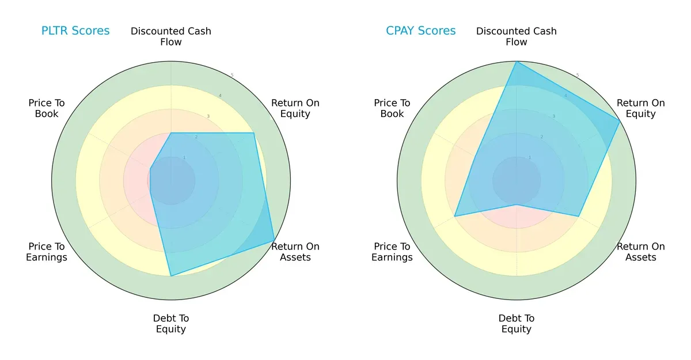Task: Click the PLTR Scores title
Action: (x=75, y=31)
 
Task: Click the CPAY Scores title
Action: (x=420, y=31)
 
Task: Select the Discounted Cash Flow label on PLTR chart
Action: (x=171, y=36)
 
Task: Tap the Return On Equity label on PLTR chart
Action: (x=295, y=108)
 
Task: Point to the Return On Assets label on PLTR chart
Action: (x=295, y=252)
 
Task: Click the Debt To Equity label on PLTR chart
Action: (x=171, y=324)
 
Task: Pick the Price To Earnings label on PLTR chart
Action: (x=47, y=252)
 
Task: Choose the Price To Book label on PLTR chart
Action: (x=47, y=108)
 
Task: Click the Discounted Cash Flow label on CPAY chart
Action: (x=517, y=36)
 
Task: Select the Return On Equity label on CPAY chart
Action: (x=641, y=108)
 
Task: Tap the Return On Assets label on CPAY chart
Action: (x=641, y=252)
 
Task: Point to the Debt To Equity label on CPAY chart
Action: (x=517, y=324)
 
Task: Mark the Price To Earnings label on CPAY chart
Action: (x=392, y=252)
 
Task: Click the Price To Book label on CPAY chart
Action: (x=392, y=108)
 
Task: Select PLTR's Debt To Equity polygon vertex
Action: (x=171, y=276)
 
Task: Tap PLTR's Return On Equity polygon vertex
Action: (x=254, y=133)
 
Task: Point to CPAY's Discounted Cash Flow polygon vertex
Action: (x=517, y=62)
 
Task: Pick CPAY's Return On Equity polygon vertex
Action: (x=620, y=121)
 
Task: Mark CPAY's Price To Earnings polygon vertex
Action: (x=455, y=216)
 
